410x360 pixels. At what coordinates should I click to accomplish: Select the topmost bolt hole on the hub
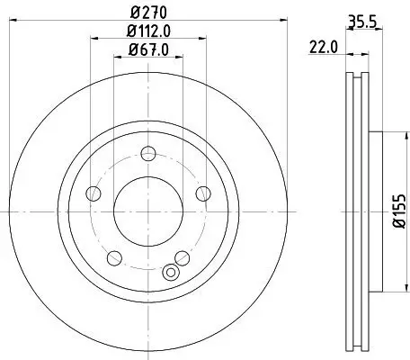click(148, 154)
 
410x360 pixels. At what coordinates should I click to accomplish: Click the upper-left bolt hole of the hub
click(94, 193)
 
